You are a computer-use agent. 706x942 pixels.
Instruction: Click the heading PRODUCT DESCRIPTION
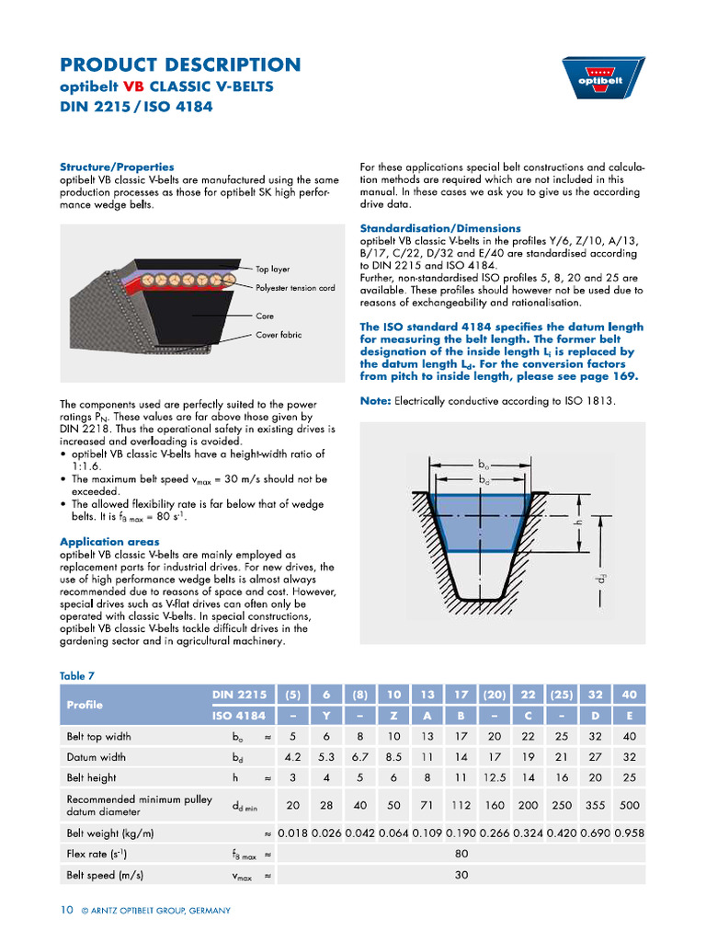pyautogui.click(x=180, y=64)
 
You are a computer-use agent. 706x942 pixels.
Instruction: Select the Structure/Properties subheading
pyautogui.click(x=117, y=167)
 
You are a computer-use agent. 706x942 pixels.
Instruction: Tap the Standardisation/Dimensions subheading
pyautogui.click(x=440, y=228)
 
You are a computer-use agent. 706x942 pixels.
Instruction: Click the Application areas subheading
pyautogui.click(x=109, y=543)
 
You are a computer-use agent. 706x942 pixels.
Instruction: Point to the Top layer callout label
pyautogui.click(x=272, y=270)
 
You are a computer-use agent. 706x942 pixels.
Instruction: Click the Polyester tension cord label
pyautogui.click(x=295, y=288)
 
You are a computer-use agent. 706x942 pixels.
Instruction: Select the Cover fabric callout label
pyautogui.click(x=279, y=335)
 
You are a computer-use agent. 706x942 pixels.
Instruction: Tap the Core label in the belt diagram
pyautogui.click(x=265, y=316)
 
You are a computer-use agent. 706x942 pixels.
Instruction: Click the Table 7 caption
pyautogui.click(x=77, y=675)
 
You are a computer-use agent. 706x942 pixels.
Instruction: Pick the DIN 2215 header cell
pyautogui.click(x=239, y=695)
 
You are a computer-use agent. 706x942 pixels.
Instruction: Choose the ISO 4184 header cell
pyautogui.click(x=239, y=716)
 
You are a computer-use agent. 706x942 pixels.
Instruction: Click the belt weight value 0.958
pyautogui.click(x=629, y=833)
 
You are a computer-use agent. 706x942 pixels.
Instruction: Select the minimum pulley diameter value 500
pyautogui.click(x=629, y=805)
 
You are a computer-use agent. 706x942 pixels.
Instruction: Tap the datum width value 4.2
pyautogui.click(x=293, y=758)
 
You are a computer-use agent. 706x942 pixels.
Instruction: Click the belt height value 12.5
pyautogui.click(x=495, y=778)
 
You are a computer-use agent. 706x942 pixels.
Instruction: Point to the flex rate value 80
pyautogui.click(x=461, y=854)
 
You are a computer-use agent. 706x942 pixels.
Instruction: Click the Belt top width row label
pyautogui.click(x=98, y=737)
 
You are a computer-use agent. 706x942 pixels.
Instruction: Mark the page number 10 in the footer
pyautogui.click(x=66, y=910)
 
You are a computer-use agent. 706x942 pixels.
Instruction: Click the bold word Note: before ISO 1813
pyautogui.click(x=375, y=401)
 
